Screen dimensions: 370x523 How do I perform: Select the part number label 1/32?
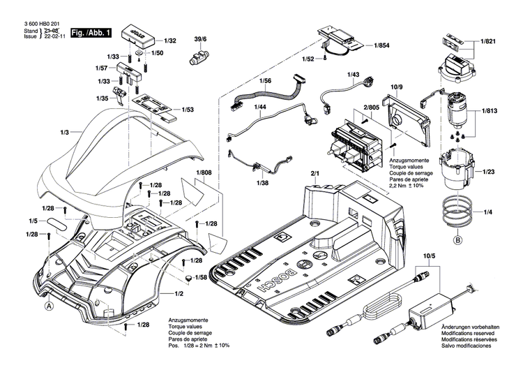pos(170,41)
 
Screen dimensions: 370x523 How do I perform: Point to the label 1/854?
pos(381,45)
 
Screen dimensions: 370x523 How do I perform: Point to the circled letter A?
pos(49,305)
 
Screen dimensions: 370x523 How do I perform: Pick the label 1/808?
pos(204,172)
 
